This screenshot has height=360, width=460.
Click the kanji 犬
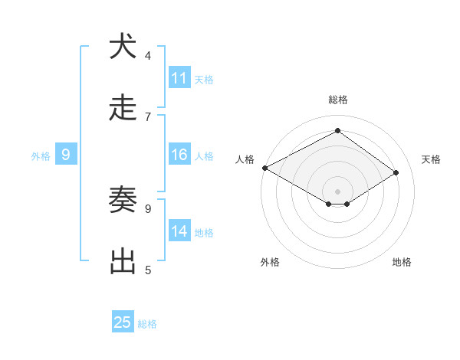coord(123,47)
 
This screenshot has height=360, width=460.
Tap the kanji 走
coord(123,108)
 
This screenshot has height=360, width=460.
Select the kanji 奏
coord(123,200)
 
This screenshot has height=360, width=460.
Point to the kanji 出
coord(123,261)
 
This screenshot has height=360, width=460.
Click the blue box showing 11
coord(179,77)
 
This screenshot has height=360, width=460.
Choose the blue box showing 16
coord(179,155)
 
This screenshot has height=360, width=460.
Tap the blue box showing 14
coord(179,231)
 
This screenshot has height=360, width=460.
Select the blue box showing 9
coord(66,155)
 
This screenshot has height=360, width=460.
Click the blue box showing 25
coord(123,322)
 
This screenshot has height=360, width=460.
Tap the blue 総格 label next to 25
coord(147,324)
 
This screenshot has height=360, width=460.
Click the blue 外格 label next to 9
coord(41,156)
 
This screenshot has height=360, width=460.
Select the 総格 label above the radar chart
coord(337,100)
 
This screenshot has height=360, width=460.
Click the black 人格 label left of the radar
coord(245,159)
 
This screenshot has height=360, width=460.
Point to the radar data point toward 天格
coord(396,173)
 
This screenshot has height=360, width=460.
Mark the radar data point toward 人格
coord(264,168)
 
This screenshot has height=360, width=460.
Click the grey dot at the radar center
coord(337,191)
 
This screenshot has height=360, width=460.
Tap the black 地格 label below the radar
coord(402,263)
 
